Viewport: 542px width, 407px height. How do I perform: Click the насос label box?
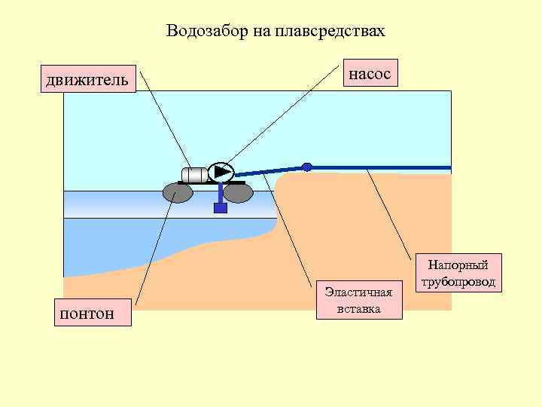click(x=370, y=74)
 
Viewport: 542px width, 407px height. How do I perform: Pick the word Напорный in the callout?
click(x=458, y=265)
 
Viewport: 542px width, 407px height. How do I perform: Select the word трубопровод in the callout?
click(x=458, y=282)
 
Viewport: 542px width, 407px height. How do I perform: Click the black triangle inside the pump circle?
click(x=222, y=172)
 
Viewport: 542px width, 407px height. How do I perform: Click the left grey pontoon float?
click(x=178, y=194)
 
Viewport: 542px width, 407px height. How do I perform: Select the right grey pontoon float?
click(x=238, y=194)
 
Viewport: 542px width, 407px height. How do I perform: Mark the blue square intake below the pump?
click(x=221, y=208)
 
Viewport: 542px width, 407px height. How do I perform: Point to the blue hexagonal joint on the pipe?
click(x=306, y=167)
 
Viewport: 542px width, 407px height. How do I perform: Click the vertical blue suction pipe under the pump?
click(x=221, y=193)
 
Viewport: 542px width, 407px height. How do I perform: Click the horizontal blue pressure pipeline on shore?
click(x=384, y=167)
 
